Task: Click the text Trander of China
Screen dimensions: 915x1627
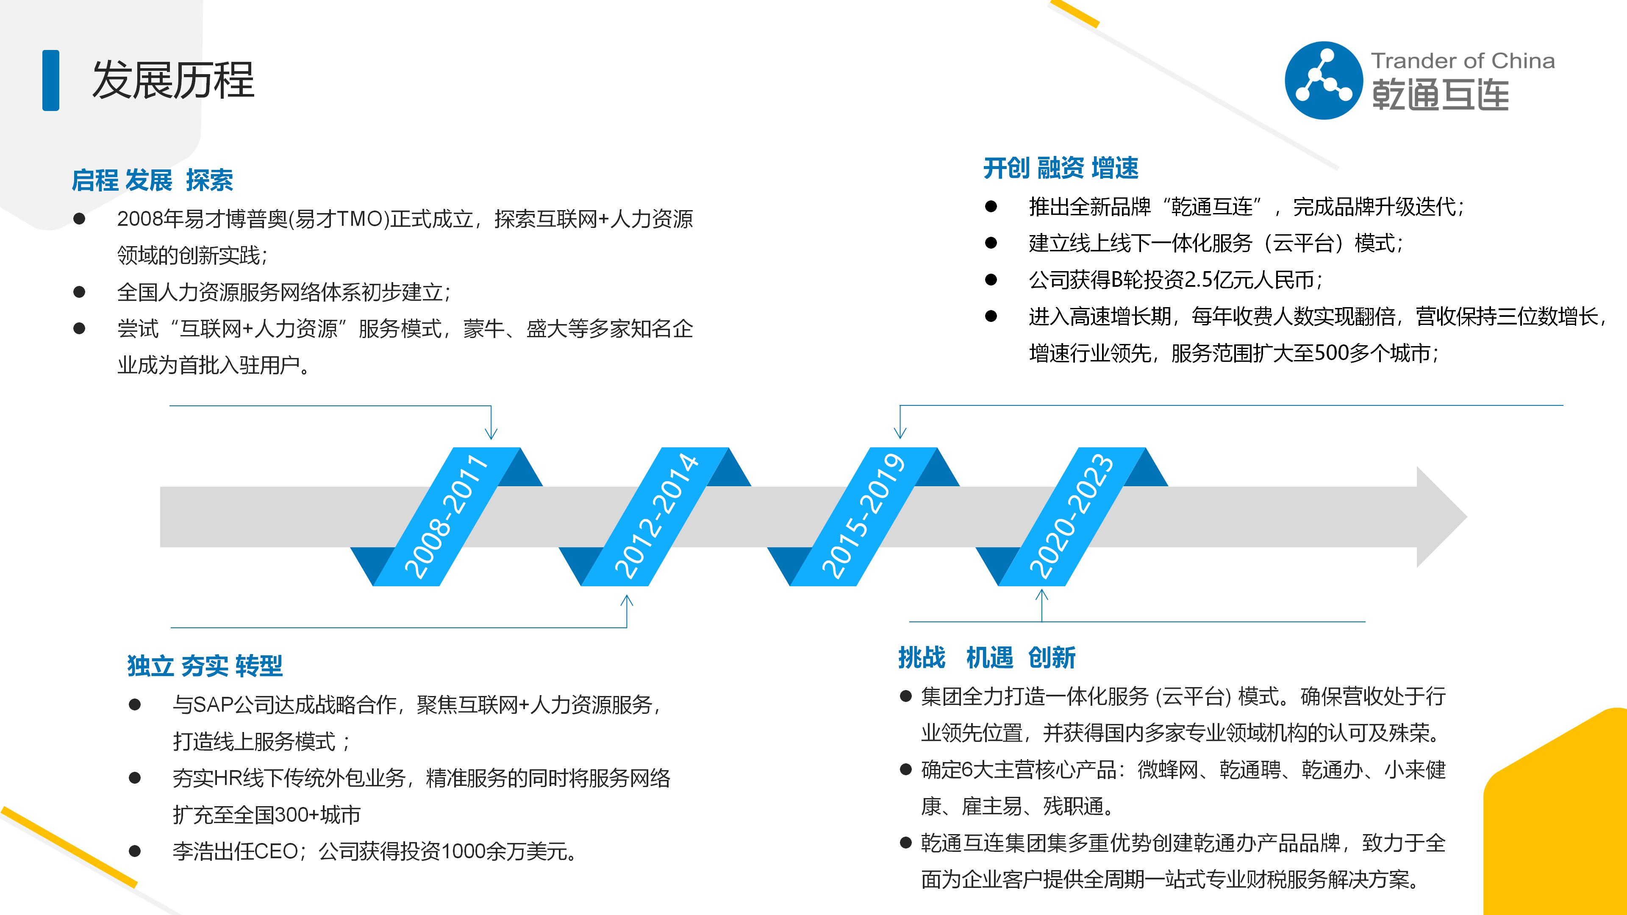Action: (1462, 61)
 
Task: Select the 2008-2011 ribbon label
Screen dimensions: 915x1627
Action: (446, 516)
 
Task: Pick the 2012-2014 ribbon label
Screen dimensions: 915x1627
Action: (655, 516)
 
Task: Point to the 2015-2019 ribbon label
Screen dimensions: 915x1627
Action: (863, 516)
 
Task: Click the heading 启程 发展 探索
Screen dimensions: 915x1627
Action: (152, 180)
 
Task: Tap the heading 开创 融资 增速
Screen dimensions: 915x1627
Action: (1061, 169)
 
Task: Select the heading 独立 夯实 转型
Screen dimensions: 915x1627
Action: (205, 665)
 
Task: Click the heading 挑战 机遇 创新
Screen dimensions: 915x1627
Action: (986, 657)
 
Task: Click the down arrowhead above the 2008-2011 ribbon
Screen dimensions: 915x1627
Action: (491, 433)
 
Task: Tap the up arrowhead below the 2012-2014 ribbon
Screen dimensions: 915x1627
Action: (627, 600)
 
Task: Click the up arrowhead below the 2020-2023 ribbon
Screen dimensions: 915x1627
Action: (1041, 595)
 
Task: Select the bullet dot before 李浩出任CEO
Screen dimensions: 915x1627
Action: (135, 851)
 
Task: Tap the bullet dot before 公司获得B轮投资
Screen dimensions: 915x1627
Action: (991, 280)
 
